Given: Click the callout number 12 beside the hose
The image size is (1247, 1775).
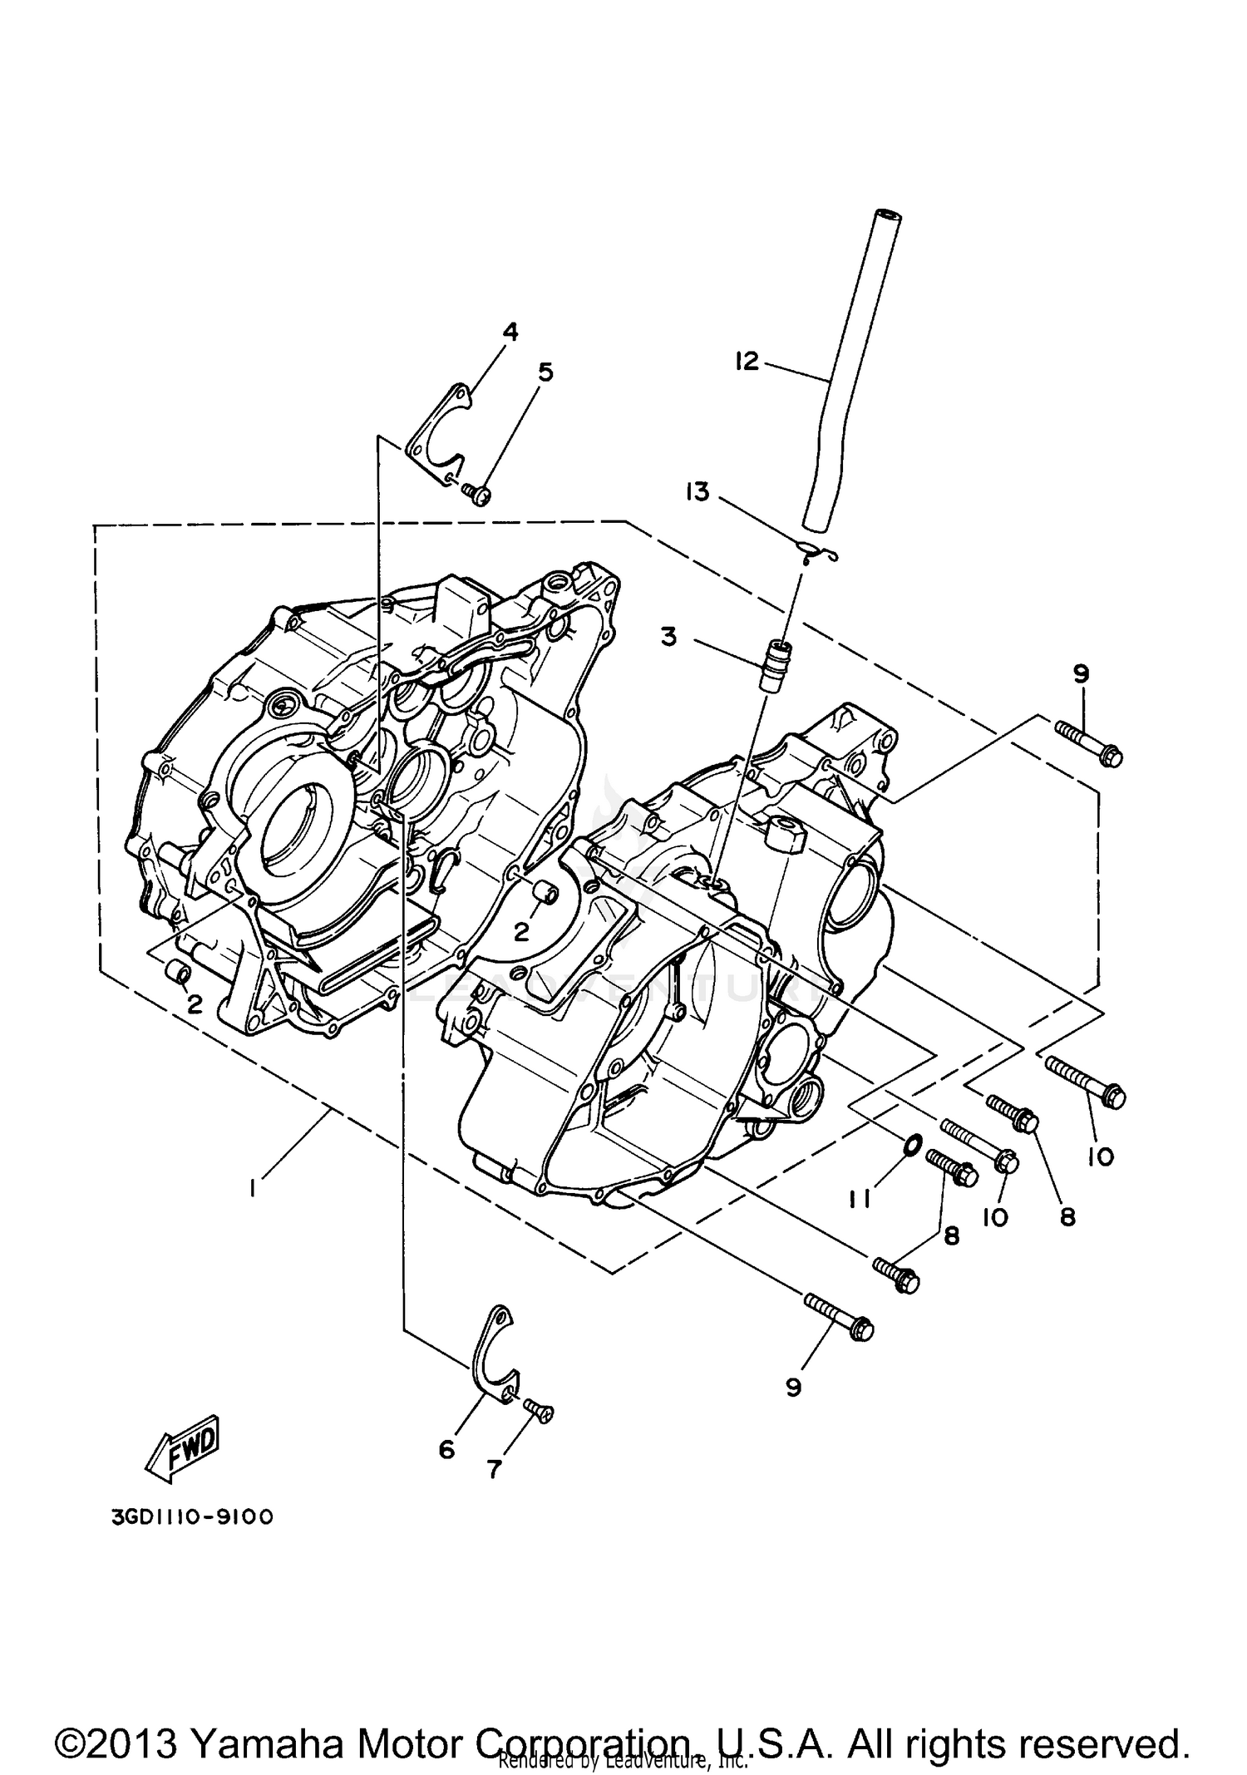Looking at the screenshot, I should coord(747,361).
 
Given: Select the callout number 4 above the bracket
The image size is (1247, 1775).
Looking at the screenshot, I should coord(510,332).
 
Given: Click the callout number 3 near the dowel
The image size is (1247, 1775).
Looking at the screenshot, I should coord(668,637).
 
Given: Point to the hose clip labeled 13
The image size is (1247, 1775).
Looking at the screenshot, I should coord(817,550).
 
